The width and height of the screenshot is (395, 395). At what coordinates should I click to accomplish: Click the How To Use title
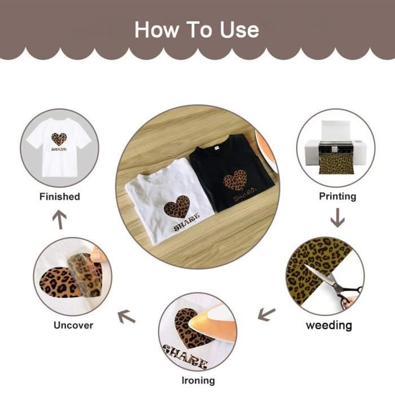(x=197, y=30)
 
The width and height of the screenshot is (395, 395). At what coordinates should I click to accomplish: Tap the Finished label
(x=60, y=196)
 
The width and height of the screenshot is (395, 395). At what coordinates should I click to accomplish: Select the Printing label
(x=337, y=196)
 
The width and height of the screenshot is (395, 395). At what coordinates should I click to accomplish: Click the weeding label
(x=329, y=325)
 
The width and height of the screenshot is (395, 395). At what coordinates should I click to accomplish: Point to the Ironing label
(x=198, y=380)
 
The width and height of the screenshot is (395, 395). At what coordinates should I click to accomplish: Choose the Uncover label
(x=73, y=325)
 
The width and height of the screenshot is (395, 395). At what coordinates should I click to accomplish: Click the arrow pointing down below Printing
(x=337, y=218)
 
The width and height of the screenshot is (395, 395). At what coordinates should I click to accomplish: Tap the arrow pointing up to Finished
(x=60, y=220)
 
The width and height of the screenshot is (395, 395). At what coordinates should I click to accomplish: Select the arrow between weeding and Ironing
(x=266, y=314)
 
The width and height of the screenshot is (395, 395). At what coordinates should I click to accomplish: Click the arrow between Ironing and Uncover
(x=126, y=317)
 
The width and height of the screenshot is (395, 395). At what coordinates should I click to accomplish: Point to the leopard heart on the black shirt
(x=236, y=180)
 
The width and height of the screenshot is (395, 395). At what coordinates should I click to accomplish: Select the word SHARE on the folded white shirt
(x=187, y=222)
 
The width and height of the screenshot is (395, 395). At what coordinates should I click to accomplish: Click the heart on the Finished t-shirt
(x=59, y=139)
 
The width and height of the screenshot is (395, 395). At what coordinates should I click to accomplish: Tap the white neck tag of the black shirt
(x=216, y=148)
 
